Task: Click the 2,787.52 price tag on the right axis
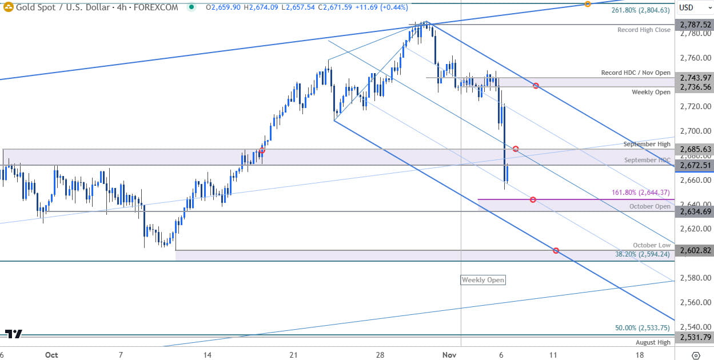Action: click(x=694, y=25)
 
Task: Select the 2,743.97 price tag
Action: click(x=694, y=78)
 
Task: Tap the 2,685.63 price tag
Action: click(x=694, y=149)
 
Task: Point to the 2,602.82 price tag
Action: click(x=694, y=250)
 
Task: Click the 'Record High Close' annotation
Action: click(x=644, y=30)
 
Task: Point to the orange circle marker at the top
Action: click(x=588, y=5)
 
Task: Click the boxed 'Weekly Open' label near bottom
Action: click(x=483, y=280)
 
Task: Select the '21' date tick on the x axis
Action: click(x=293, y=355)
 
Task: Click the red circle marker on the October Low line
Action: click(x=556, y=251)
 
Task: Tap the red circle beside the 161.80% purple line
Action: click(x=533, y=199)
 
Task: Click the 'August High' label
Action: click(x=653, y=342)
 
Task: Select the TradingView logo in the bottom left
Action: click(x=14, y=334)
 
